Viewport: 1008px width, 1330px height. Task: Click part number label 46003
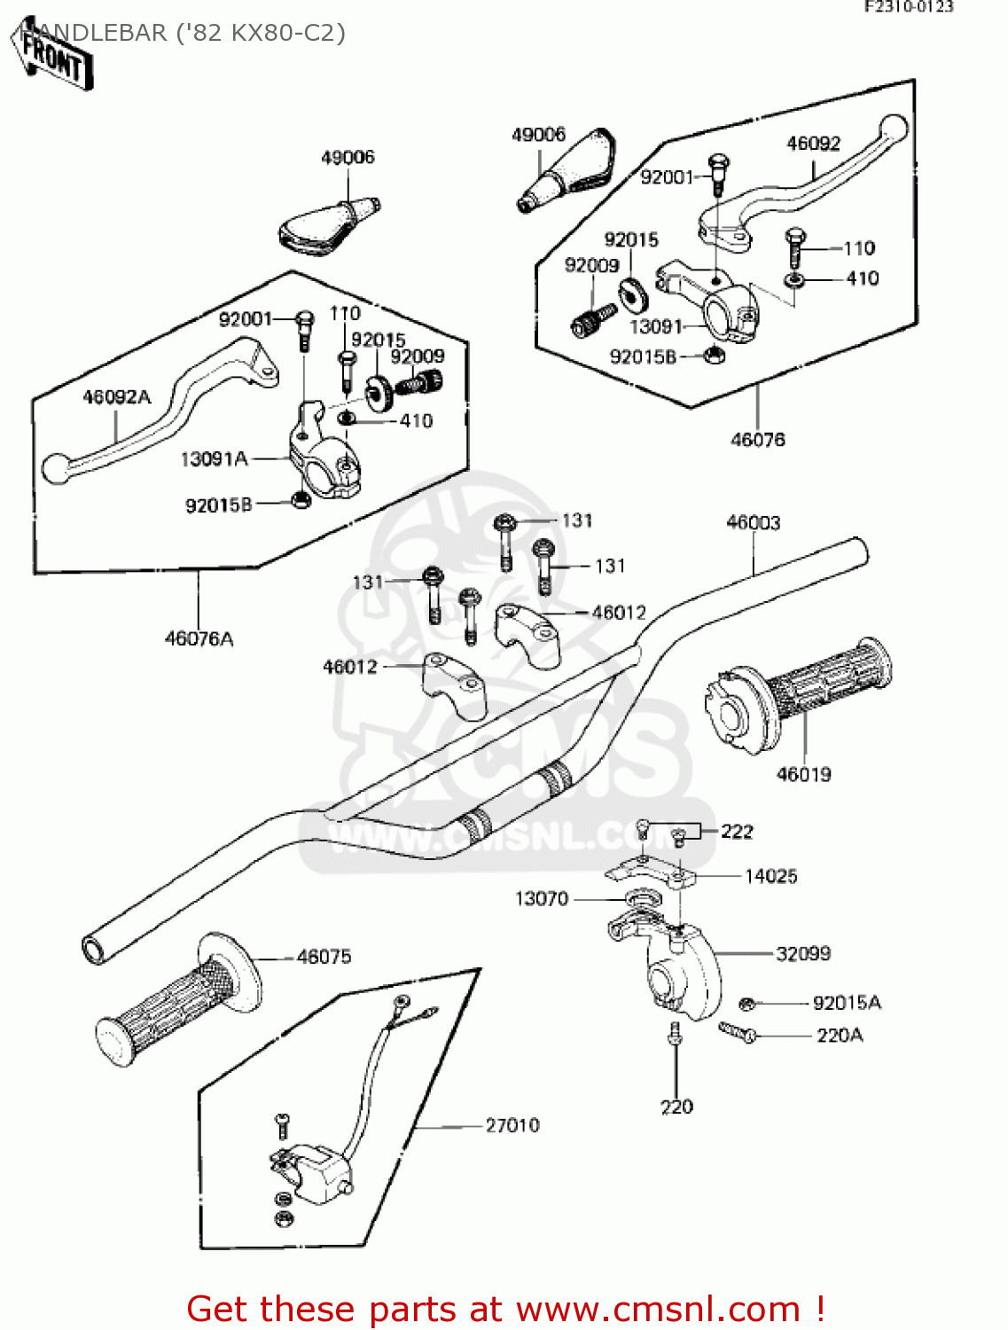click(753, 523)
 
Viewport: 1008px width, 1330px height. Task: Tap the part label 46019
click(803, 774)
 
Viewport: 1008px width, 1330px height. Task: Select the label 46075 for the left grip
click(324, 957)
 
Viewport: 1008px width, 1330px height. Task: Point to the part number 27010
click(512, 1125)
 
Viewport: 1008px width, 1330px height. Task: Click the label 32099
click(802, 954)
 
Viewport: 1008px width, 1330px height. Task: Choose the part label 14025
click(770, 876)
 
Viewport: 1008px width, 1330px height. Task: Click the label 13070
click(542, 899)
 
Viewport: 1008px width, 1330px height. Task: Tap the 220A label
click(839, 1036)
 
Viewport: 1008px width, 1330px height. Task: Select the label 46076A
click(199, 638)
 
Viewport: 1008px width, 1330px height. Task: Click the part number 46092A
click(116, 397)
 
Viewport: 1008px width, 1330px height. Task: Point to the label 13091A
click(214, 459)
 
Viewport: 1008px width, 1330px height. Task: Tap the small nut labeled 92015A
click(746, 1004)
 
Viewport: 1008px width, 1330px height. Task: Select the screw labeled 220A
click(737, 1031)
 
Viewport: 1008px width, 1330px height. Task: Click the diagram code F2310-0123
click(909, 7)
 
